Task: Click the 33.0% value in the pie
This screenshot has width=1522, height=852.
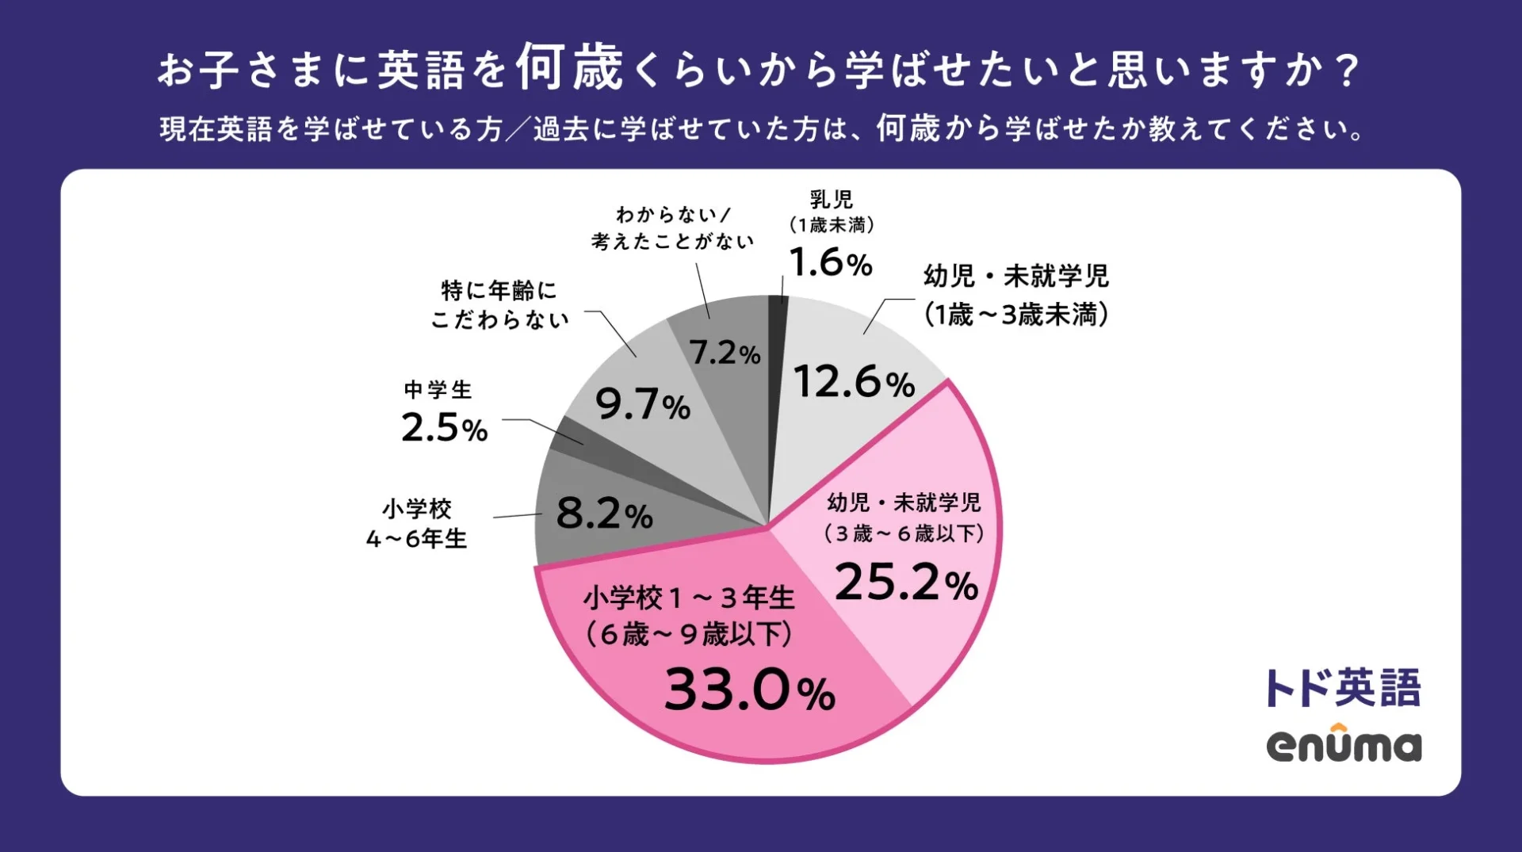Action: click(749, 690)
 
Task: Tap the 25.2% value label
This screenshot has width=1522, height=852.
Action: click(906, 583)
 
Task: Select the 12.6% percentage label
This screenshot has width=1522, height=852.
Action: click(854, 382)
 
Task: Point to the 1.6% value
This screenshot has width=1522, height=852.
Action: click(830, 262)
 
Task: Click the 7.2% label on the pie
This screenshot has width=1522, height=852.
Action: click(725, 353)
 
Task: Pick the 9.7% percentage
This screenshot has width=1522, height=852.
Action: click(642, 405)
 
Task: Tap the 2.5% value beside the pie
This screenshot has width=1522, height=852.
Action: click(444, 428)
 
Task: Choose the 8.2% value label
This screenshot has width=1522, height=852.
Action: click(604, 514)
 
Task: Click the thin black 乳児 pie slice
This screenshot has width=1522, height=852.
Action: click(778, 333)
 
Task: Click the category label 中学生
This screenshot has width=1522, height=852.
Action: click(438, 389)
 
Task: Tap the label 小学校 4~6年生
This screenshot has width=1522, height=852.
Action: click(417, 523)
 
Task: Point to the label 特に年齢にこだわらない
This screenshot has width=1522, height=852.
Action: click(499, 304)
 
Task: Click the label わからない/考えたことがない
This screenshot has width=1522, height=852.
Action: click(672, 227)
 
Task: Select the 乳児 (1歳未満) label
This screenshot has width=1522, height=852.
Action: click(831, 211)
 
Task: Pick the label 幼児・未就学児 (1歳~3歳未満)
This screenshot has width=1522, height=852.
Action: click(1015, 295)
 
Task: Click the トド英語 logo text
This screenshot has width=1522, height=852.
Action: click(1342, 687)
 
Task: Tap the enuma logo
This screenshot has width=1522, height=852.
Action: click(1344, 745)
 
